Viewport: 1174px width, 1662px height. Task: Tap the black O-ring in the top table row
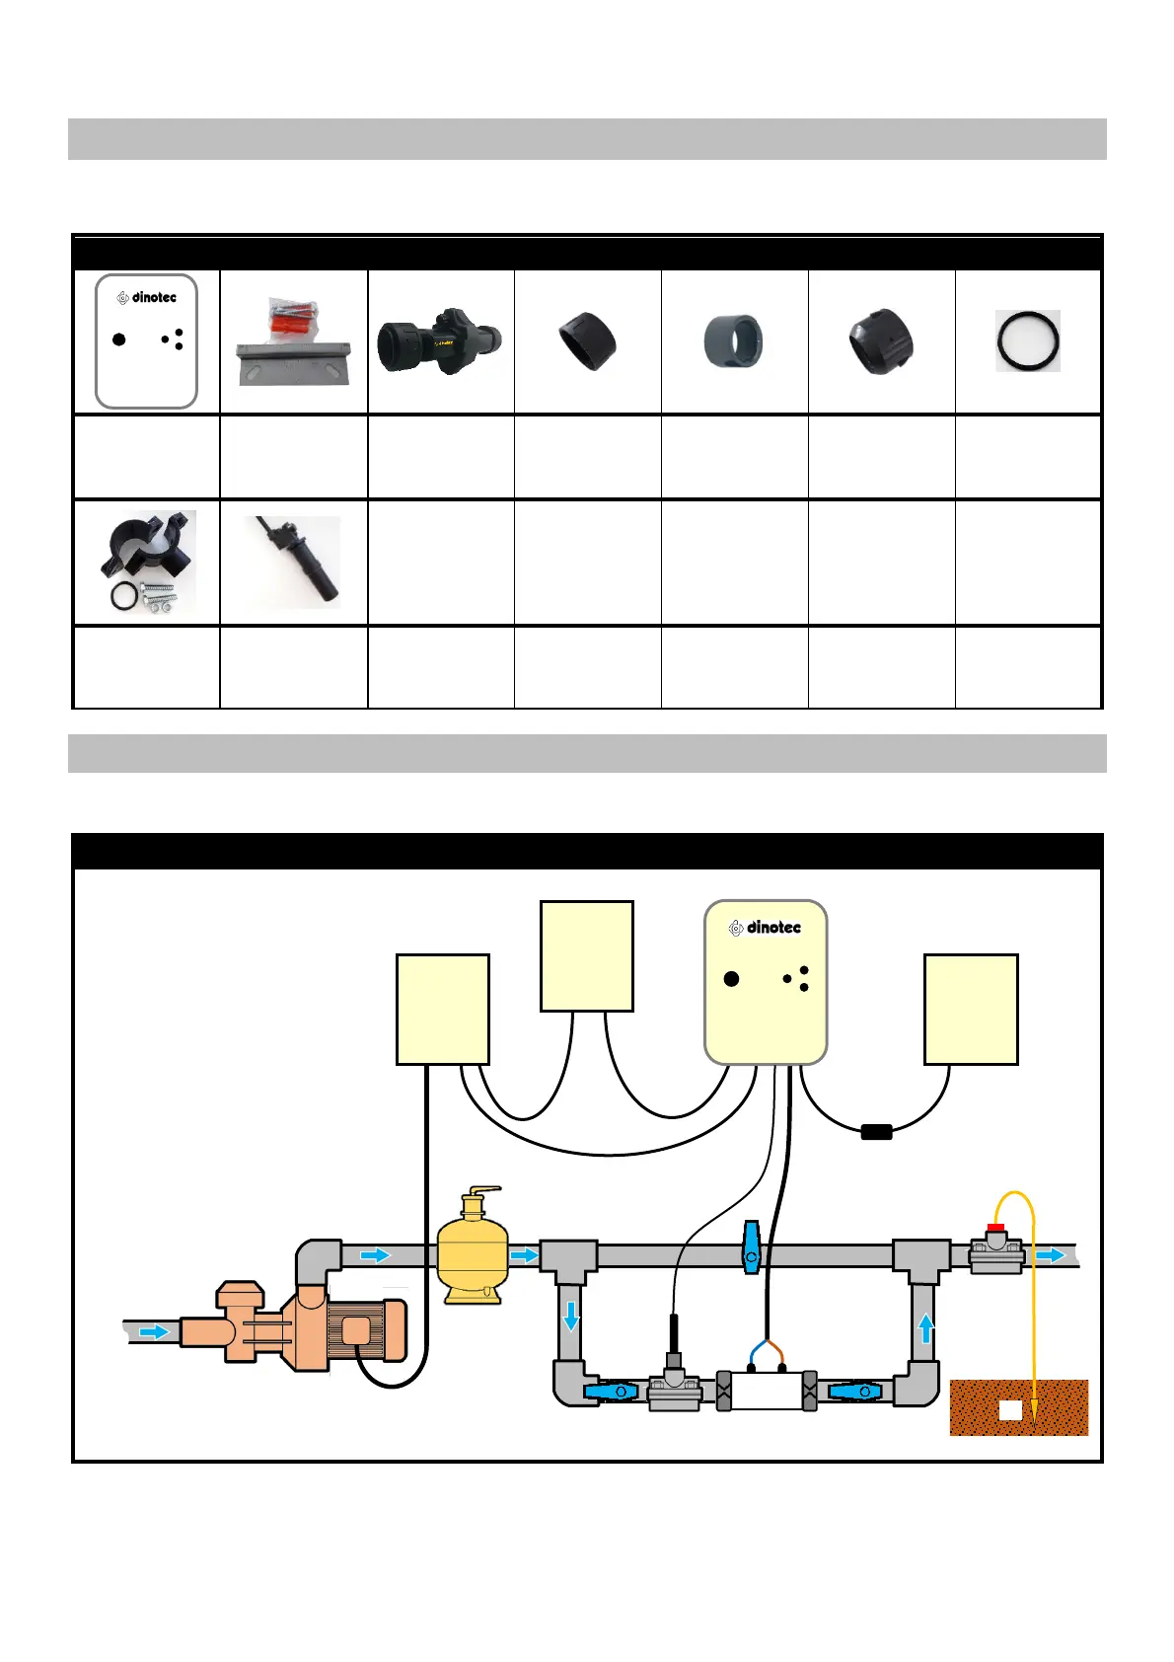pos(1028,340)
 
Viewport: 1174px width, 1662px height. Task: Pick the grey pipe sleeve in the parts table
pos(732,341)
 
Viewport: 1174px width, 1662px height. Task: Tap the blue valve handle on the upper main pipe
pos(752,1246)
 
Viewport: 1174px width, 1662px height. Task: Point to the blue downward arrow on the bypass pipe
pos(570,1317)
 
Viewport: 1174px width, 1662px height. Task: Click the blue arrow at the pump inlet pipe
pos(154,1331)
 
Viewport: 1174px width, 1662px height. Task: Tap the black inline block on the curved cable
pos(876,1132)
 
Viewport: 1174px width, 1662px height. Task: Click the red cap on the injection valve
pos(995,1229)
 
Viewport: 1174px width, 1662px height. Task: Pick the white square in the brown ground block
pos(1010,1410)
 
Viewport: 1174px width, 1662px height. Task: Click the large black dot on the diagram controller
pos(731,979)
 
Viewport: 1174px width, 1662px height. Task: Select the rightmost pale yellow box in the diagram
pos(971,1009)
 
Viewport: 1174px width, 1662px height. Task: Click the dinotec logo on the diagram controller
pos(765,928)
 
